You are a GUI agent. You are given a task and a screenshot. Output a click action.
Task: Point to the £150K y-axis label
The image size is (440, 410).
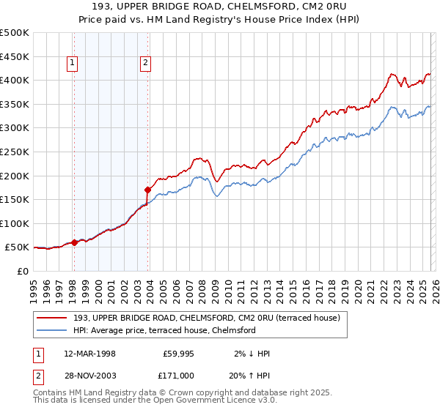15,200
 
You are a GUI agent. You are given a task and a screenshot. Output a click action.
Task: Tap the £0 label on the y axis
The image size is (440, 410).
22,272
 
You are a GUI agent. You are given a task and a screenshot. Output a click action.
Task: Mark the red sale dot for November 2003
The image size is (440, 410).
148,190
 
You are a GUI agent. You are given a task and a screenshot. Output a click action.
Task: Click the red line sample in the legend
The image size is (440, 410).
52,318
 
